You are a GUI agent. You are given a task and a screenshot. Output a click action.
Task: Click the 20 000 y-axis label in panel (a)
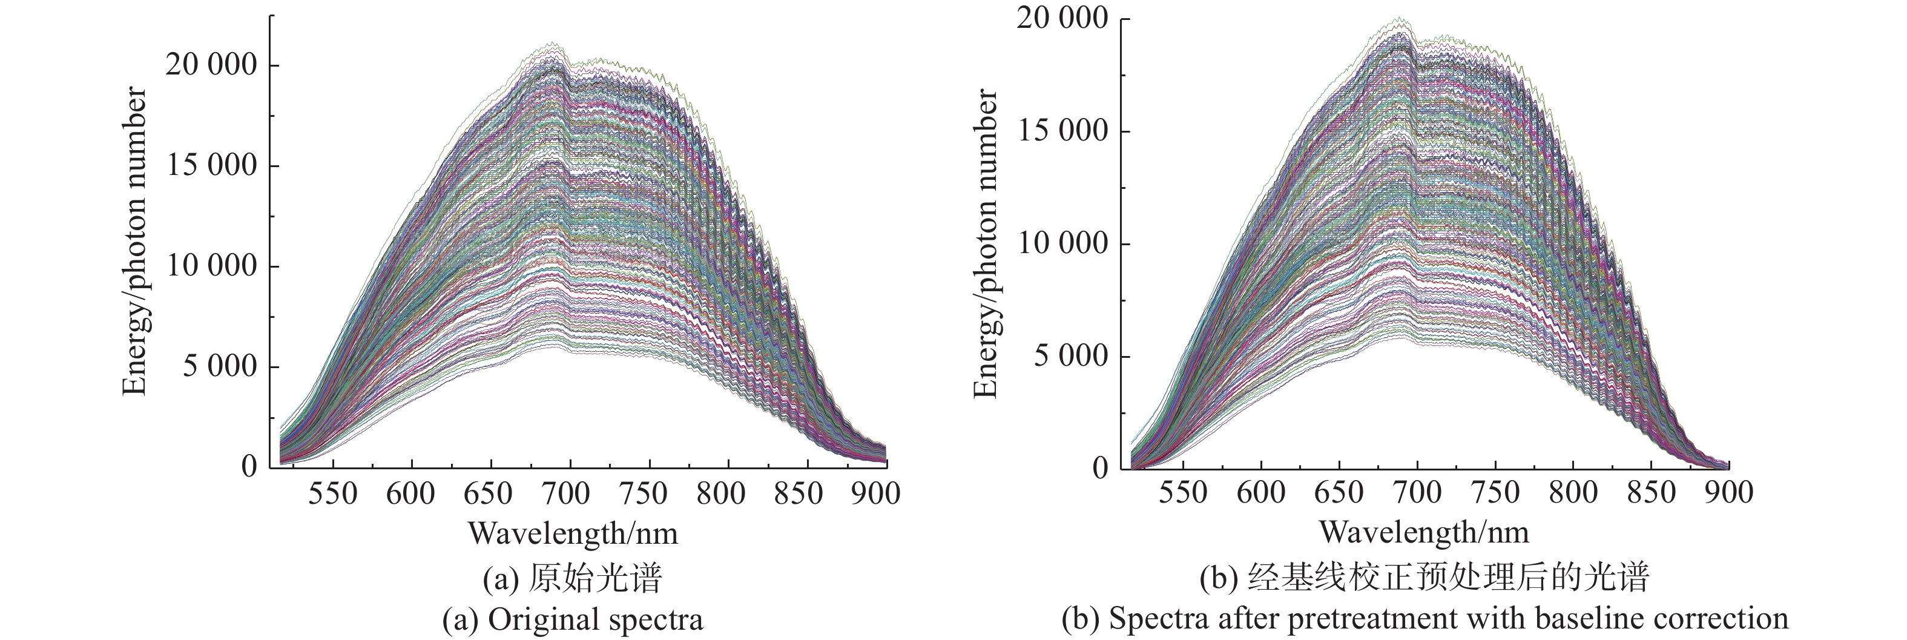click(x=211, y=65)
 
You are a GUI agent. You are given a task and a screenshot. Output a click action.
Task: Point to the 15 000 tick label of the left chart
click(x=211, y=165)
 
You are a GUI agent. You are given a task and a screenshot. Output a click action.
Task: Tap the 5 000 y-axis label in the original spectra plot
click(x=220, y=366)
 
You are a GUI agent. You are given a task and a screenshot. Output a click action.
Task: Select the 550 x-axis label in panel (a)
click(x=333, y=493)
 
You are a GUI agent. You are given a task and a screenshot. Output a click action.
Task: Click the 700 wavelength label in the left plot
click(x=569, y=493)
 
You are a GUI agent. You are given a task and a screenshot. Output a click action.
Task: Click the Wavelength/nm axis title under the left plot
click(x=573, y=533)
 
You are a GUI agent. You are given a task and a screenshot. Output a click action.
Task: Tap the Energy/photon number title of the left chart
click(x=135, y=241)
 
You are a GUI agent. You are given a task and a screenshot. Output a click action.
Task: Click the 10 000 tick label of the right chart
click(x=1063, y=243)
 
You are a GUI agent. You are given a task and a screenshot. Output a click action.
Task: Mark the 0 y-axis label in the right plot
click(x=1101, y=468)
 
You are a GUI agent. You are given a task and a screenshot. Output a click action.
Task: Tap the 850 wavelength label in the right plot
click(x=1650, y=493)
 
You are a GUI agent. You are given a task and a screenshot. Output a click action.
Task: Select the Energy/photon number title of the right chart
click(x=986, y=243)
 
